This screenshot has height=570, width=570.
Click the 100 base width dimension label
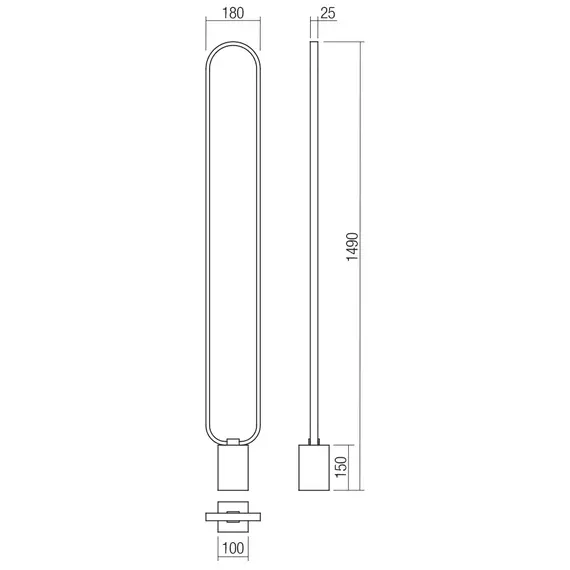tap(232, 549)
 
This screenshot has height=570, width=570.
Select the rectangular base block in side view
tap(314, 468)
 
